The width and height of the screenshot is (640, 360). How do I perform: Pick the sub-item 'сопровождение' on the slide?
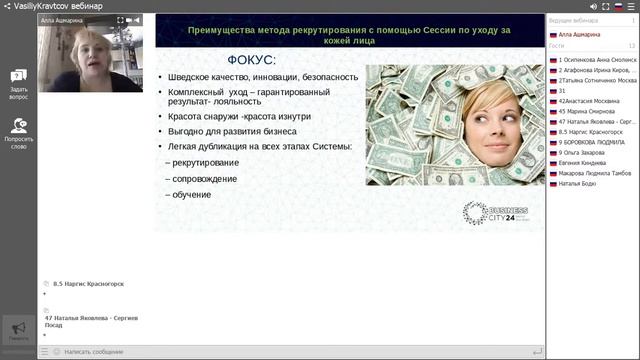pos(205,178)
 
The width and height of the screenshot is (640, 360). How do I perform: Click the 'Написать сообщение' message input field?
pos(290,352)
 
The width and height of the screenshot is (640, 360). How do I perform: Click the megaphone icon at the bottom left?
pos(18,328)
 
